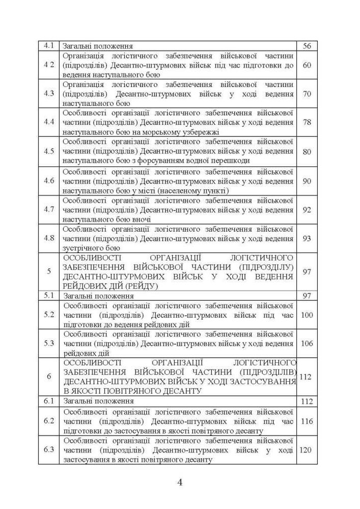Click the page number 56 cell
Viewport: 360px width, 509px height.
click(x=307, y=46)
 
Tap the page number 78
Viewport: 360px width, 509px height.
click(x=307, y=123)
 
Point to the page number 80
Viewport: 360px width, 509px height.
click(x=307, y=152)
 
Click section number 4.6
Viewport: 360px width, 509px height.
click(x=49, y=181)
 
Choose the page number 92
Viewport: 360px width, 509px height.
click(x=307, y=210)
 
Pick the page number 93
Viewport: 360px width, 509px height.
click(x=307, y=239)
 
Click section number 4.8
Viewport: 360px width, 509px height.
click(x=49, y=239)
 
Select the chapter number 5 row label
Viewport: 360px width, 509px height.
click(x=49, y=271)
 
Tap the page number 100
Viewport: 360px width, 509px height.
click(x=307, y=315)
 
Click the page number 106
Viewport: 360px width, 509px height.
click(x=307, y=344)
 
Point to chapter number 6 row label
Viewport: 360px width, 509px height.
click(x=49, y=377)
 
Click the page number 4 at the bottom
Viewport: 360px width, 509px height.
click(x=180, y=482)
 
